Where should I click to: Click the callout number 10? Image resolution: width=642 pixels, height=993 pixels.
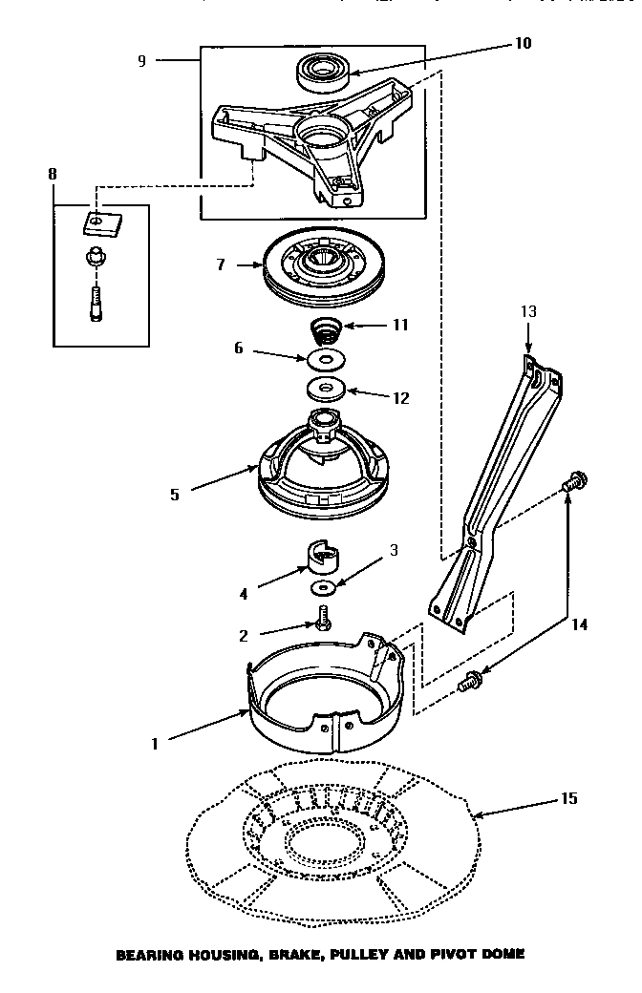523,43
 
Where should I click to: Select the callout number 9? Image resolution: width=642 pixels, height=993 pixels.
141,60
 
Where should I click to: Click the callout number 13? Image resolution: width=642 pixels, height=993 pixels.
528,311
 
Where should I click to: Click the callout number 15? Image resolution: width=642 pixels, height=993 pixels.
568,798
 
